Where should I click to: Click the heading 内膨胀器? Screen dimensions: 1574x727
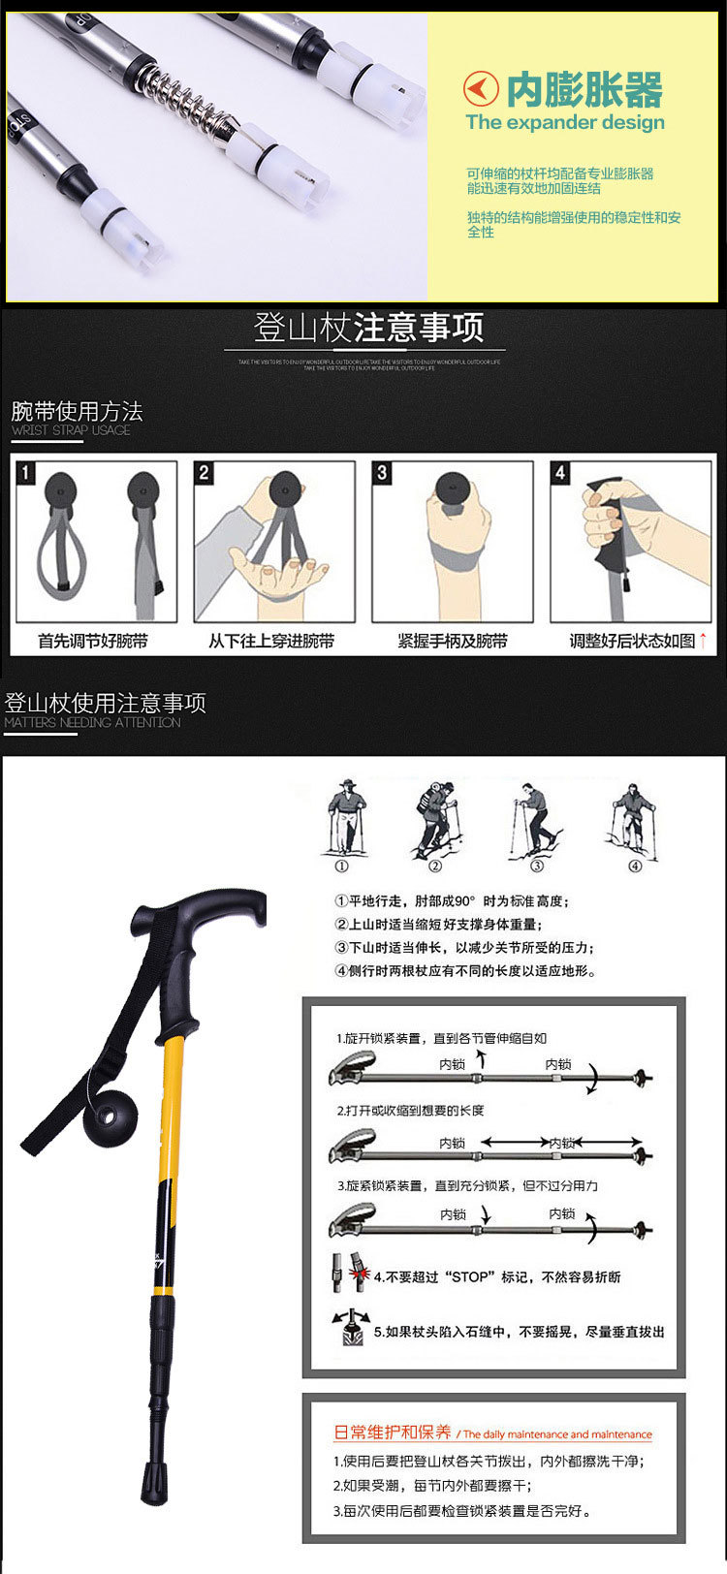click(585, 90)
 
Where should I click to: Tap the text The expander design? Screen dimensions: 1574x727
click(564, 123)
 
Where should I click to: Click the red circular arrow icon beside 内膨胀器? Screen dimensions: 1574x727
click(481, 90)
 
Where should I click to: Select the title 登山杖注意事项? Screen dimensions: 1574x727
click(368, 329)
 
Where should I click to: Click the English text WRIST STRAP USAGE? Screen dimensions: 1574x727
click(71, 430)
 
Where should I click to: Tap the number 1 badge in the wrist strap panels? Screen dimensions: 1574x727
click(26, 473)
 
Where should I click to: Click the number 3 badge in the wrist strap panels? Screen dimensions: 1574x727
click(382, 473)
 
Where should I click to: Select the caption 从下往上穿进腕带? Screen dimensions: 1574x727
click(271, 641)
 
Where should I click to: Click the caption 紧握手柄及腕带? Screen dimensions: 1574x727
click(452, 641)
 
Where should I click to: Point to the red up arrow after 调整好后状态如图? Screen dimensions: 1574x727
click(703, 640)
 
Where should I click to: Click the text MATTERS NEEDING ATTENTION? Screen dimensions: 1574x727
click(92, 722)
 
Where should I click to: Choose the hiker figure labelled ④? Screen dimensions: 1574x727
click(633, 818)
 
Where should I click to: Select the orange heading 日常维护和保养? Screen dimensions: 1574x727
click(393, 1432)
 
